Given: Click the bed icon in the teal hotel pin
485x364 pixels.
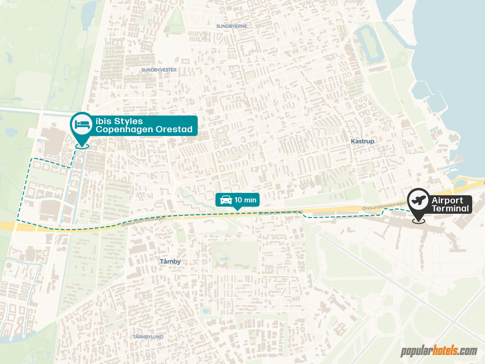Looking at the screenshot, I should pyautogui.click(x=82, y=125).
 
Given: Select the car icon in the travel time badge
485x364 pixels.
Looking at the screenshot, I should pyautogui.click(x=226, y=200).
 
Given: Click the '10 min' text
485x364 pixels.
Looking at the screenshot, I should pyautogui.click(x=246, y=200).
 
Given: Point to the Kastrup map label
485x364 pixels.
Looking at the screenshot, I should pyautogui.click(x=362, y=141).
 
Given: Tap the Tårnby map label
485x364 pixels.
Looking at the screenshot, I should pyautogui.click(x=170, y=261).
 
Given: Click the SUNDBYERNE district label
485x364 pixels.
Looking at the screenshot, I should pyautogui.click(x=232, y=26).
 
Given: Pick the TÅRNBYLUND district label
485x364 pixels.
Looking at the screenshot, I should pyautogui.click(x=148, y=337).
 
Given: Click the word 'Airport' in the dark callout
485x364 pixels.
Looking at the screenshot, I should pyautogui.click(x=447, y=200).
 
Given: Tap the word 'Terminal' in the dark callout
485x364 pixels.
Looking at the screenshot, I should pyautogui.click(x=450, y=209).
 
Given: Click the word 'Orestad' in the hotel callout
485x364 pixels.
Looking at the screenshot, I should pyautogui.click(x=174, y=129).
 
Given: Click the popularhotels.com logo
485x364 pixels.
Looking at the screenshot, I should pyautogui.click(x=439, y=351).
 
